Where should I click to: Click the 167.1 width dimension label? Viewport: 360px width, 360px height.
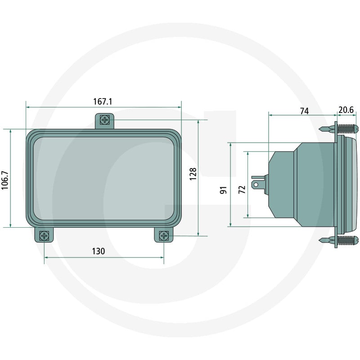pos(103,102)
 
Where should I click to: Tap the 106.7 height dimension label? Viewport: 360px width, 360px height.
pos(5,180)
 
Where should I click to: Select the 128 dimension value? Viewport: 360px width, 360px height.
pos(193,174)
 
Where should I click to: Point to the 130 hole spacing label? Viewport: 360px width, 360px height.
pos(99,251)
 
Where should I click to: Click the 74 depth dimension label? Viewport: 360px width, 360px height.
pos(305,111)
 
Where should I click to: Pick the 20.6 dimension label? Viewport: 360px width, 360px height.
pos(346,110)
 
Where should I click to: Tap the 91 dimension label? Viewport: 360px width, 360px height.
pos(223,190)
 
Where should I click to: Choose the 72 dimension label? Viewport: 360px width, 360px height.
pos(242,189)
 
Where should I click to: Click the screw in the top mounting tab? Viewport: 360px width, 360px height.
pos(105,120)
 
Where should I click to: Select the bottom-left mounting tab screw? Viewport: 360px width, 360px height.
pos(44,236)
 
